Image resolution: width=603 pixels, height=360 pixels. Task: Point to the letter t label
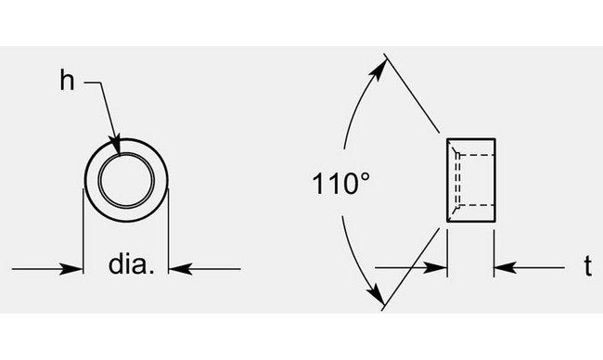[587, 267]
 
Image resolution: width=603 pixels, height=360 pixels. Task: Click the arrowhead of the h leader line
[117, 145]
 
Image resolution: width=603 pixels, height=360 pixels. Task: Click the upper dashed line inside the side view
[476, 153]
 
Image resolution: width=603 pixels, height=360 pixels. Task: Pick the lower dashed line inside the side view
[476, 205]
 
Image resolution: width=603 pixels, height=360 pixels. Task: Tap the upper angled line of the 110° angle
[416, 97]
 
